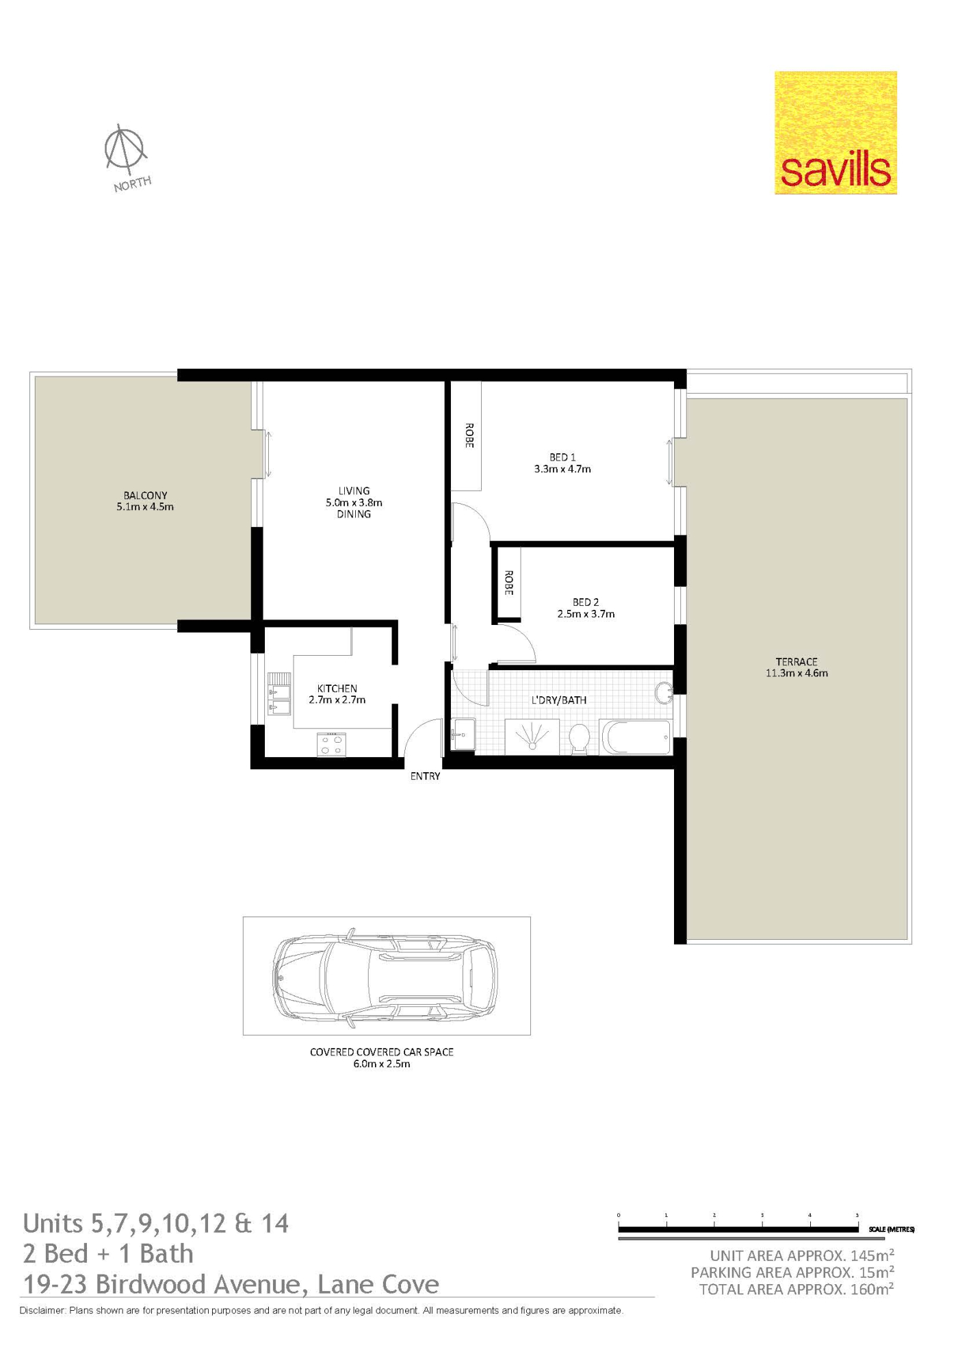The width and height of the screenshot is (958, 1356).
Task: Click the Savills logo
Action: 836,133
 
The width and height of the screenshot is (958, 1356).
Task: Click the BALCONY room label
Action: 145,496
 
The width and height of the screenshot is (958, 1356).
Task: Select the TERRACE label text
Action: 797,662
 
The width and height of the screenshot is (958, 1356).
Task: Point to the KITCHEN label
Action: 337,689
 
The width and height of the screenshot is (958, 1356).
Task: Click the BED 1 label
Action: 562,457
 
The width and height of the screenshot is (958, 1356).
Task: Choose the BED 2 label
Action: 586,602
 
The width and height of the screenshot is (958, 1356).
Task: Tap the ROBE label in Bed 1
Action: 469,435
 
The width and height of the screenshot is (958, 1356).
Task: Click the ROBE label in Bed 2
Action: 508,583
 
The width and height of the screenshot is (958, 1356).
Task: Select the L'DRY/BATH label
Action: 559,700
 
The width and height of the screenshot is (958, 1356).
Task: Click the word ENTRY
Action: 425,776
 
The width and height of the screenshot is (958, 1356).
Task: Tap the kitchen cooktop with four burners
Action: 331,745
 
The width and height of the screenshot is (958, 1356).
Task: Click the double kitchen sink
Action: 279,693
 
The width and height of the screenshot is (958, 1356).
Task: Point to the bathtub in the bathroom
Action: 636,737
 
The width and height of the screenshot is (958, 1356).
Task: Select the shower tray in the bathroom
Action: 532,737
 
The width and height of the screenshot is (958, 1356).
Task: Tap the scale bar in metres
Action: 738,1230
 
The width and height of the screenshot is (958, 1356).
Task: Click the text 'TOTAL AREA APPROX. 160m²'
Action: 797,1290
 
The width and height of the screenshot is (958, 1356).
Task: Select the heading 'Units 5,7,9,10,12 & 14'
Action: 156,1223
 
